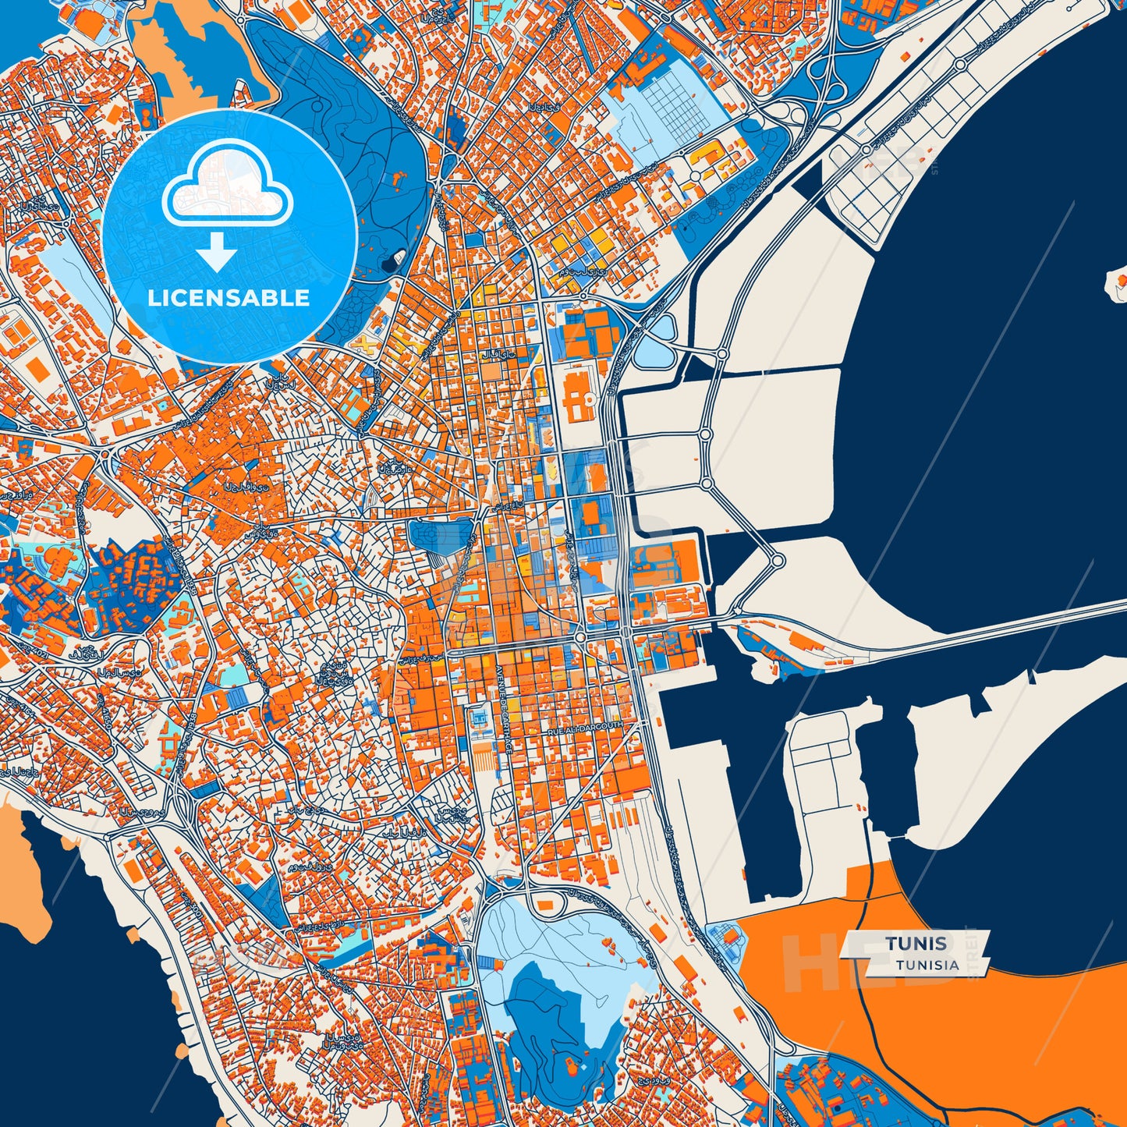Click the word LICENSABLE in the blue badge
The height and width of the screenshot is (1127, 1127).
[x=228, y=298]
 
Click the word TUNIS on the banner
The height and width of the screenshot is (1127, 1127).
[x=916, y=943]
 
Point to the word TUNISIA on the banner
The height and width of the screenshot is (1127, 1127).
[x=927, y=965]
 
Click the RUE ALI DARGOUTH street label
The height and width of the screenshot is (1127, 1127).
[x=585, y=726]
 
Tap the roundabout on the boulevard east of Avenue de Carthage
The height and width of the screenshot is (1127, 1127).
[x=580, y=637]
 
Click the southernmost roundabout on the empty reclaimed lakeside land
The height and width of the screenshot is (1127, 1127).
[x=777, y=560]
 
